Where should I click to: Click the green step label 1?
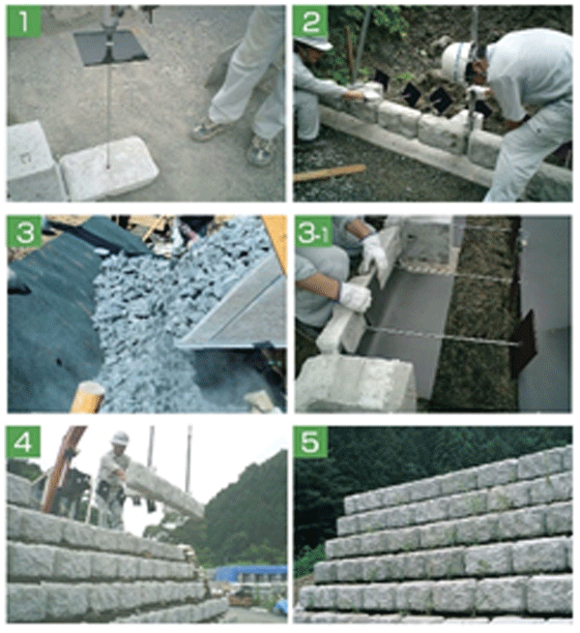(x=24, y=21)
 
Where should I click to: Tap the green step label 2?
(x=310, y=21)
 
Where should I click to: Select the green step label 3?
(x=24, y=231)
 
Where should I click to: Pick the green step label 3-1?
(x=313, y=231)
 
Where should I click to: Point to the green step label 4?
(x=24, y=442)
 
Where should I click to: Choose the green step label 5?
(x=310, y=442)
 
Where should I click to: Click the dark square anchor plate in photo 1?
(x=110, y=46)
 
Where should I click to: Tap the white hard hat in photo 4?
(x=120, y=438)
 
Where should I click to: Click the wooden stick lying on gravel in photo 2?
(x=330, y=172)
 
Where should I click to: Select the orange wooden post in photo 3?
(x=88, y=397)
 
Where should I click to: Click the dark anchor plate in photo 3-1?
(x=523, y=344)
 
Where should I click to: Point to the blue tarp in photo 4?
(x=251, y=572)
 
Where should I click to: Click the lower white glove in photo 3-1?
(x=355, y=297)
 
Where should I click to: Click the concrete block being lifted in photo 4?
(x=164, y=490)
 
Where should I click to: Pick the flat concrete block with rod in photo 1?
(x=109, y=167)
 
